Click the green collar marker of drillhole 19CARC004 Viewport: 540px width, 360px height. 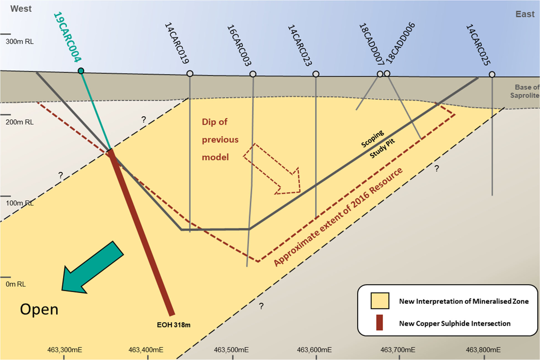coord(81,71)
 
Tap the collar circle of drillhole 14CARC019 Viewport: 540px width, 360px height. coord(190,73)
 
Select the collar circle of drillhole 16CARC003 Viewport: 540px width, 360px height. coord(253,74)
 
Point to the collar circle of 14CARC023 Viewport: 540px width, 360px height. coord(316,74)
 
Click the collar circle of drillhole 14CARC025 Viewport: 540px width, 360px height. coord(492,74)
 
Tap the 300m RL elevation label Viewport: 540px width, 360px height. coord(19,42)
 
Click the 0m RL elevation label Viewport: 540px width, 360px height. coord(16,284)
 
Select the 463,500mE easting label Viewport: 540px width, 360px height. coord(231,350)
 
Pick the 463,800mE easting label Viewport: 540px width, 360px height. coord(483,350)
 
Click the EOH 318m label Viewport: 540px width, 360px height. coord(174,325)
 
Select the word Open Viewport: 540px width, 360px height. coord(39,309)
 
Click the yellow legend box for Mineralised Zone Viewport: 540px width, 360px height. coord(379,301)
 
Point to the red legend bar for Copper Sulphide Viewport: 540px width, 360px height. coord(379,322)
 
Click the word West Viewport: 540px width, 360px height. coord(21,9)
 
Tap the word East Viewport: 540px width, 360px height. coord(525,14)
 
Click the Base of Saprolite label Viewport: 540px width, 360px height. coord(525,91)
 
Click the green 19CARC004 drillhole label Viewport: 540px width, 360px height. coord(67,37)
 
